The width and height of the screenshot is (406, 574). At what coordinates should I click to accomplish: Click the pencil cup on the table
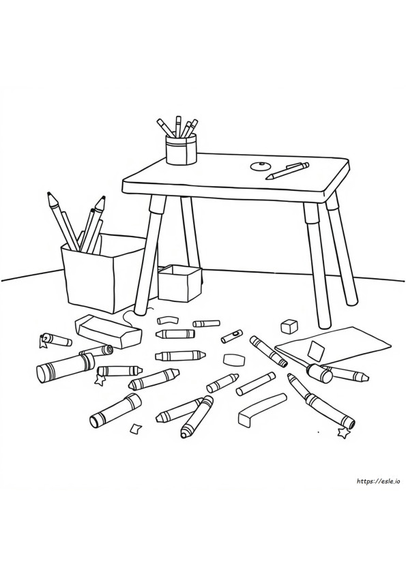coord(181,149)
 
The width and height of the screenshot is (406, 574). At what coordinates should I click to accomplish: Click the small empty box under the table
coord(179,283)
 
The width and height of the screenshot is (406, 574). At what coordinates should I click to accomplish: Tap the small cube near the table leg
coord(289,327)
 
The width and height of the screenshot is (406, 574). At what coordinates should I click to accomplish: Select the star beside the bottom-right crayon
coord(344,433)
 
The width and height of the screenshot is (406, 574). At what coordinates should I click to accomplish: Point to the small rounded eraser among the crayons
coord(234,359)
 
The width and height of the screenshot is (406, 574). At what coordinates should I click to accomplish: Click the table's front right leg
coord(317,264)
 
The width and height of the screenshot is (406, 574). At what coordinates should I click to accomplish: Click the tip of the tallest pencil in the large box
coord(48,194)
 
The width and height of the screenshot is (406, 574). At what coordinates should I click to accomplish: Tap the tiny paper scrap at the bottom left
coord(135,428)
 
